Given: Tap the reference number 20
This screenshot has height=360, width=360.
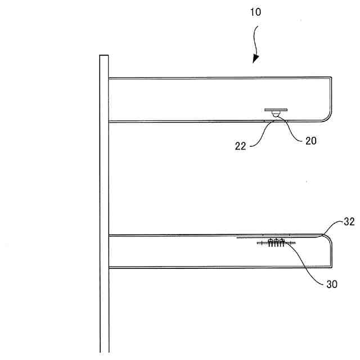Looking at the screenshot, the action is (310, 141).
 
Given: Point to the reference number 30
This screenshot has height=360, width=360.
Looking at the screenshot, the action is (332, 284).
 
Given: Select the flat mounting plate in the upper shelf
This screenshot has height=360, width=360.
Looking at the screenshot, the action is (276, 110).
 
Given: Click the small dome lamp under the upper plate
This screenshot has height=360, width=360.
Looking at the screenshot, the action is (276, 115).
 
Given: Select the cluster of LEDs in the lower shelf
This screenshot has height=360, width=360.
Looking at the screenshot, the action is (276, 243).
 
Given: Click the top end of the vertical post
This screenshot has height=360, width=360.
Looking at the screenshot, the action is (104, 56).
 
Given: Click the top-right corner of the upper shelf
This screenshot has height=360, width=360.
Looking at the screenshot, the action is (331, 79).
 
